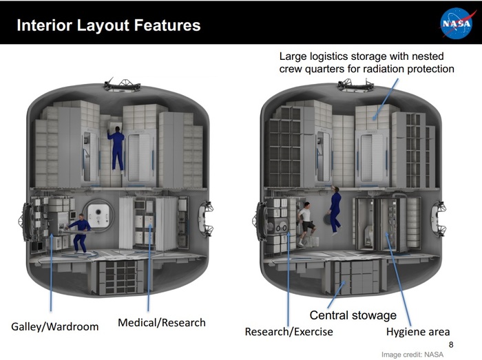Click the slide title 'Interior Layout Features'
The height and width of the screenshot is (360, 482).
108,26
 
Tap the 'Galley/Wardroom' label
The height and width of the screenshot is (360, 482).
55,326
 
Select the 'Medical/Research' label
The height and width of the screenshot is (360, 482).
161,321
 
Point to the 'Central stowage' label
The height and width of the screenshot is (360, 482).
353,315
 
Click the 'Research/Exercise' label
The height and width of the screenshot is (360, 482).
289,332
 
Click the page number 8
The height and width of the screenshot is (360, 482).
451,344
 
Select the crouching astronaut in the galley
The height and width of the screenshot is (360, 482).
81,233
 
